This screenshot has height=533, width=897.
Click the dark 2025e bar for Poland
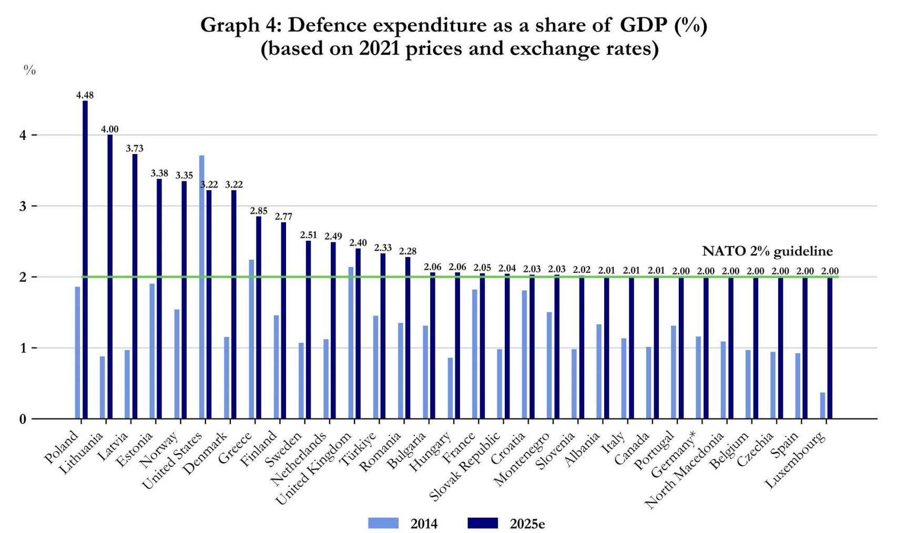[85, 260]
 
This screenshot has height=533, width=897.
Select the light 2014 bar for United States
[202, 287]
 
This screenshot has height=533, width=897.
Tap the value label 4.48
[85, 95]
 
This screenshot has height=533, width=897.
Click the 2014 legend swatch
[383, 524]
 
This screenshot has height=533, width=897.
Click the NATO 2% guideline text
[767, 251]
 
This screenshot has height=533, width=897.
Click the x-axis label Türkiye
[358, 448]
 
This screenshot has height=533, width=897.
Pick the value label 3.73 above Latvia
[135, 149]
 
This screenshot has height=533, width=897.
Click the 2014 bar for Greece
[251, 339]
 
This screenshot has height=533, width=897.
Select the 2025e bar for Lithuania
[110, 276]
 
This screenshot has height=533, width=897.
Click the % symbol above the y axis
[29, 70]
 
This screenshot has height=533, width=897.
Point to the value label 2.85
[259, 211]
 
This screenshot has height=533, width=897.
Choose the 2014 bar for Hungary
[450, 388]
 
